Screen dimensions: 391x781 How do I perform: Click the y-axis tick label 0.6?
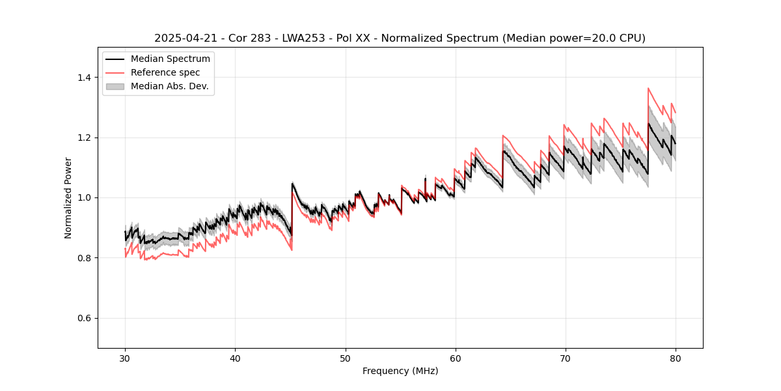pos(84,318)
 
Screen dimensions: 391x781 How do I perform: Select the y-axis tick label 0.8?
pos(84,258)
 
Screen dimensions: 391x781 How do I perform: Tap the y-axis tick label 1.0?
pos(84,197)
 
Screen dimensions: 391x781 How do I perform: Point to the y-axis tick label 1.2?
pos(84,138)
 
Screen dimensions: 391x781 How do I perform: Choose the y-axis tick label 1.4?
pos(84,78)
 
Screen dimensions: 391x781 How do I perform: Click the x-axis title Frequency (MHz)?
pos(400,371)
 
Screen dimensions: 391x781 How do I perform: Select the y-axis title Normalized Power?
pos(68,197)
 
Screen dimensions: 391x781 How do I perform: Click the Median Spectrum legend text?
pos(171,59)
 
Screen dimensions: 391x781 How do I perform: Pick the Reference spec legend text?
pos(165,72)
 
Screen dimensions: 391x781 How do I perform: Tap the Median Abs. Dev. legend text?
pos(170,86)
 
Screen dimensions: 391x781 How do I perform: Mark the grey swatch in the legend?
pos(116,86)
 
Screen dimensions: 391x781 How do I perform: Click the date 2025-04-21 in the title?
pos(184,38)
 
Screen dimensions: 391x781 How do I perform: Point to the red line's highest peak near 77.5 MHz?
pos(648,88)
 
